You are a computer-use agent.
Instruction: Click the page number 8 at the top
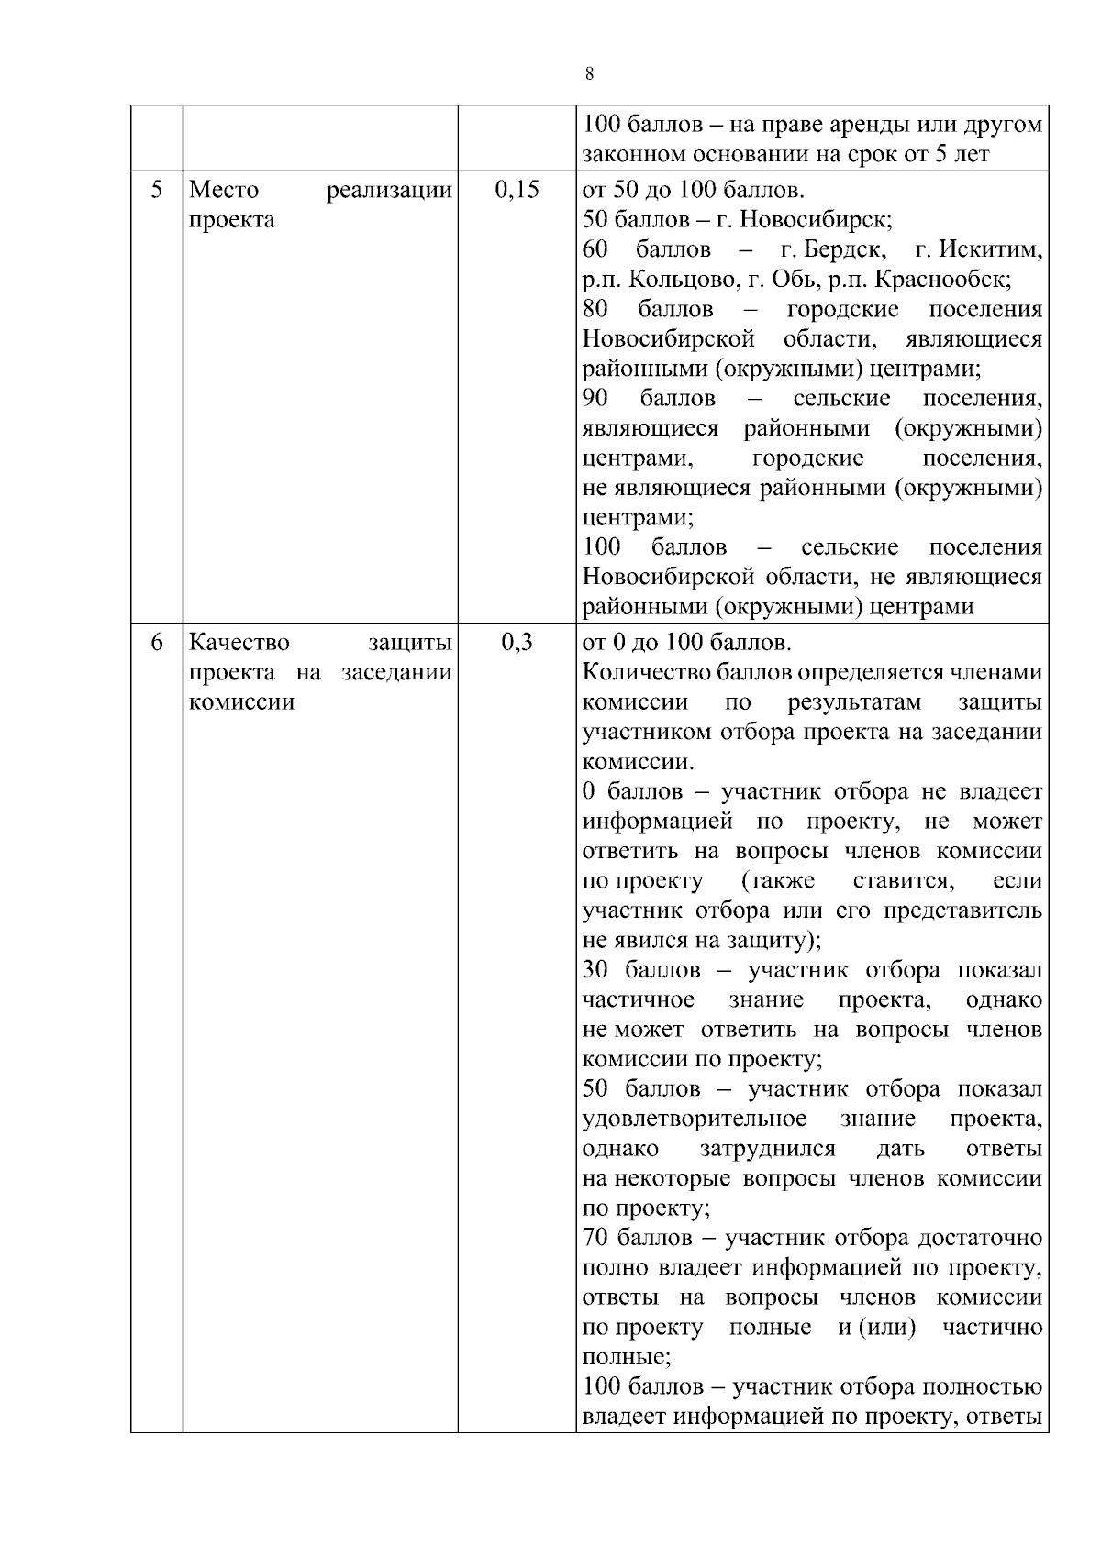[588, 74]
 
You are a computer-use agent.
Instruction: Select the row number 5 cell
[157, 190]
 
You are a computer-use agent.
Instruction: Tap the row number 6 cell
[157, 642]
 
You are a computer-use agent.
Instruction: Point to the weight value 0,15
[517, 190]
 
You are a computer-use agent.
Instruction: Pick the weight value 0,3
[517, 642]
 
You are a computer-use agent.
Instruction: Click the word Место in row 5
[224, 190]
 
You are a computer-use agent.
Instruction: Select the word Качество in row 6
[239, 642]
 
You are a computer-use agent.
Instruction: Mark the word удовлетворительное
[695, 1119]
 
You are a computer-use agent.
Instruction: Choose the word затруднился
[767, 1149]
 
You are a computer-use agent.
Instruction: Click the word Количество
[640, 672]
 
